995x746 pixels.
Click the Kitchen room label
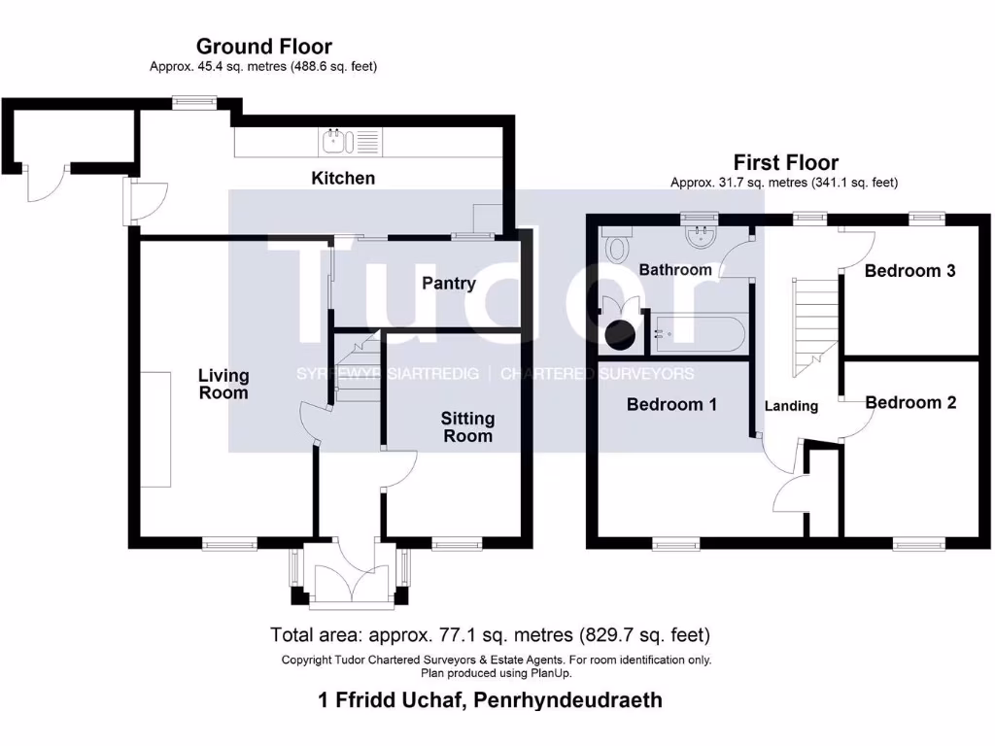(x=342, y=178)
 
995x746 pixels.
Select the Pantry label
(x=448, y=283)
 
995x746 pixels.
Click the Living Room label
(x=223, y=384)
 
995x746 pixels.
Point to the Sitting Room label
(x=467, y=426)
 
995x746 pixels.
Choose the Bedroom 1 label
(x=671, y=404)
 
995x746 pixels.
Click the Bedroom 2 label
(x=910, y=402)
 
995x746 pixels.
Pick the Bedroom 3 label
(x=909, y=270)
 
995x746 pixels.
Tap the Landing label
(x=791, y=405)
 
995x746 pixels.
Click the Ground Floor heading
(x=263, y=46)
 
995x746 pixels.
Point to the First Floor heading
(x=785, y=162)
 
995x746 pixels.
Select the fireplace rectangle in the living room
(x=154, y=428)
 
